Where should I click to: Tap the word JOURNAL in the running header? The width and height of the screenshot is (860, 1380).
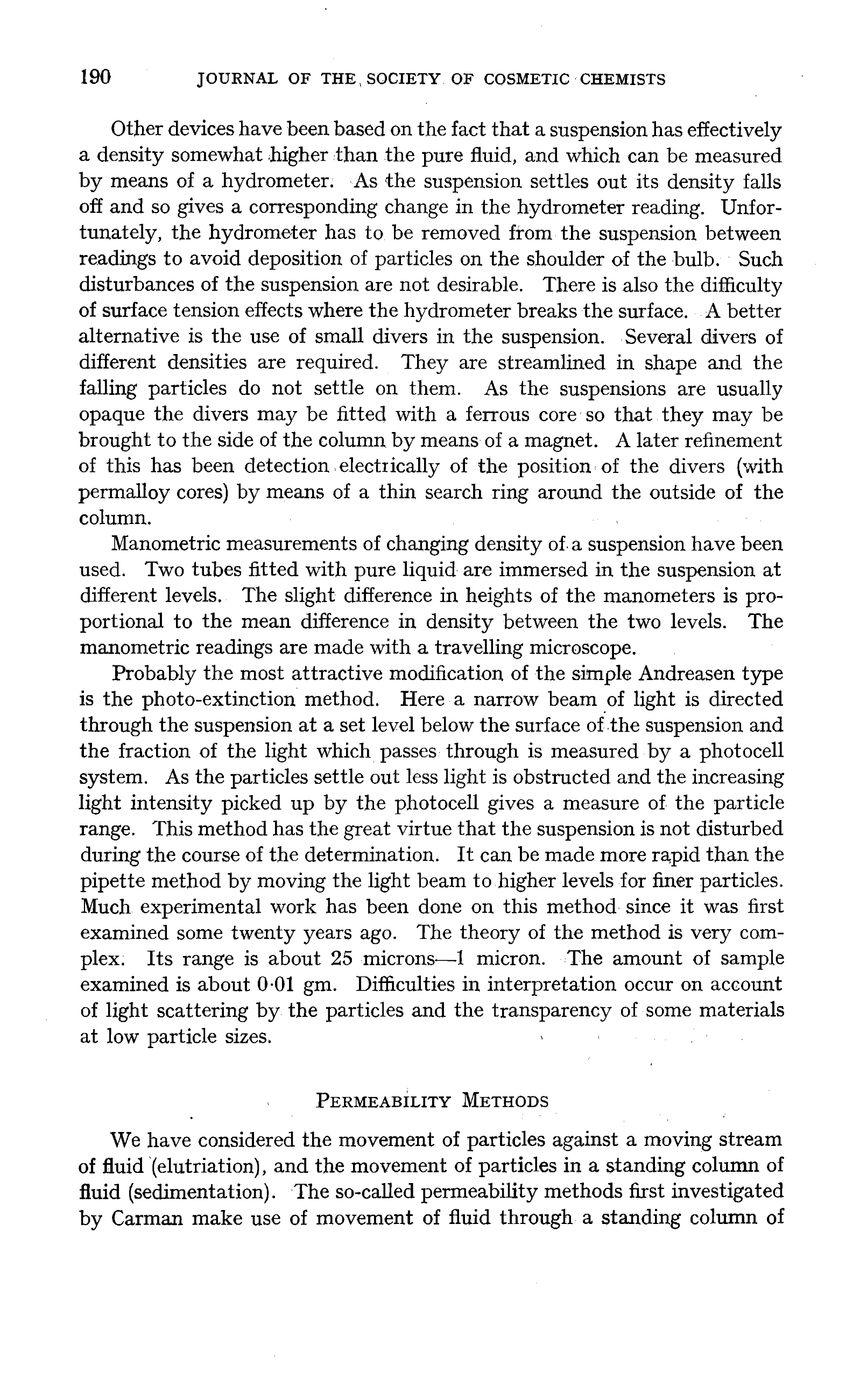click(237, 80)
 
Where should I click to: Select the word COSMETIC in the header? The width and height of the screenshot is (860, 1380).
click(526, 80)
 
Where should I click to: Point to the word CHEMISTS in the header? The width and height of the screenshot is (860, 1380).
click(622, 80)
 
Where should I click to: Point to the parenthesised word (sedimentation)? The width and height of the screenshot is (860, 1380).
click(208, 1192)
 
